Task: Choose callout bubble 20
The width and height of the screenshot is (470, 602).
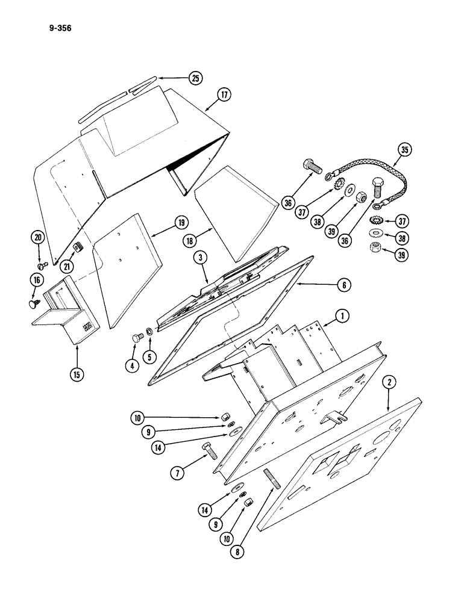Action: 39,238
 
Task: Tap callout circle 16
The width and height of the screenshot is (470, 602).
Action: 37,280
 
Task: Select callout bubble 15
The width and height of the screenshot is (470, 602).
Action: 77,373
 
